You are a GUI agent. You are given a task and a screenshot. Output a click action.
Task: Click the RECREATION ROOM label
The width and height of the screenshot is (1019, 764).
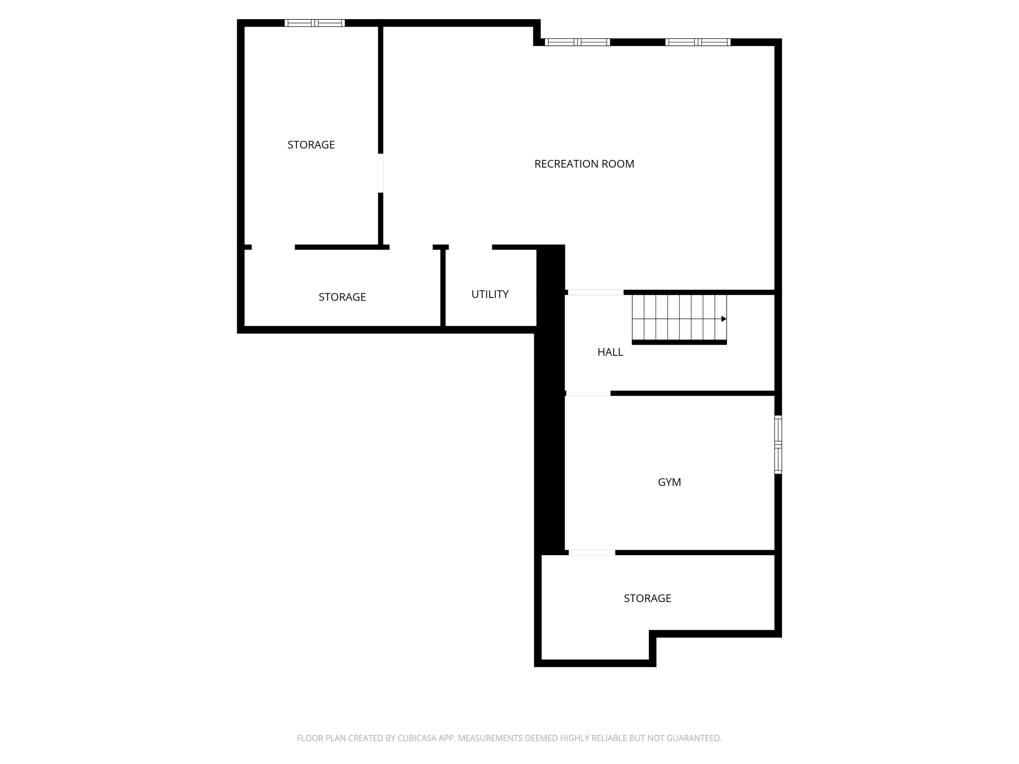point(584,164)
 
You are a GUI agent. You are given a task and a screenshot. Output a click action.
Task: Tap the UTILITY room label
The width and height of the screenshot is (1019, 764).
point(490,294)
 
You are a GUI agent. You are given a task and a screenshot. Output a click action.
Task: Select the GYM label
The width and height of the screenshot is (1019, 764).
point(669,482)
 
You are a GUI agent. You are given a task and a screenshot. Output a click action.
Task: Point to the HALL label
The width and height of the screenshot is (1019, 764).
point(610,352)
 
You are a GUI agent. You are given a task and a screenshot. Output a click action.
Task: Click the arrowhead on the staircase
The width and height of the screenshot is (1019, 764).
point(724,319)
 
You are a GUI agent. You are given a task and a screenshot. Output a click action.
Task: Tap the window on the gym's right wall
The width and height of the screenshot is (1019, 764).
point(778,444)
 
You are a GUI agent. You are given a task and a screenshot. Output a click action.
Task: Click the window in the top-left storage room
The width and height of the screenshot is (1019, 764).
point(314,23)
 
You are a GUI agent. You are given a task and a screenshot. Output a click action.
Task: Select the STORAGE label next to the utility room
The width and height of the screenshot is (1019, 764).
point(342,297)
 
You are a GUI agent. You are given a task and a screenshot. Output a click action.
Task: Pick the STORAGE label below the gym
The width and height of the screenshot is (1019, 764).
point(647,598)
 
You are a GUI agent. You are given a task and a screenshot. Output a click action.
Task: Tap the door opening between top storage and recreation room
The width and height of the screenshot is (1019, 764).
point(381,173)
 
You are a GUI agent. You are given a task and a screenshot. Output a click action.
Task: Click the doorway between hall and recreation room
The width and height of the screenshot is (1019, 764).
point(595,292)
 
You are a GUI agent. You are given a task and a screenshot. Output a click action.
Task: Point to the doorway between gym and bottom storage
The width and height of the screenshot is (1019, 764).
point(591,553)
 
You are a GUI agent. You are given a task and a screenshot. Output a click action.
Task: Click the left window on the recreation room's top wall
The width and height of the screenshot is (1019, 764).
point(577,42)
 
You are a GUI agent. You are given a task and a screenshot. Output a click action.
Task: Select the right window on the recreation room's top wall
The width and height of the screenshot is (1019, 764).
point(697,42)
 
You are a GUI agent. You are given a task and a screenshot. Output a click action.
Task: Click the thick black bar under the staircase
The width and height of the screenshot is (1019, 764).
point(679,342)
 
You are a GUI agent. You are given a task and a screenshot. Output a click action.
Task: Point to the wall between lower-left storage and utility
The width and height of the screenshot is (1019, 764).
point(443,288)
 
